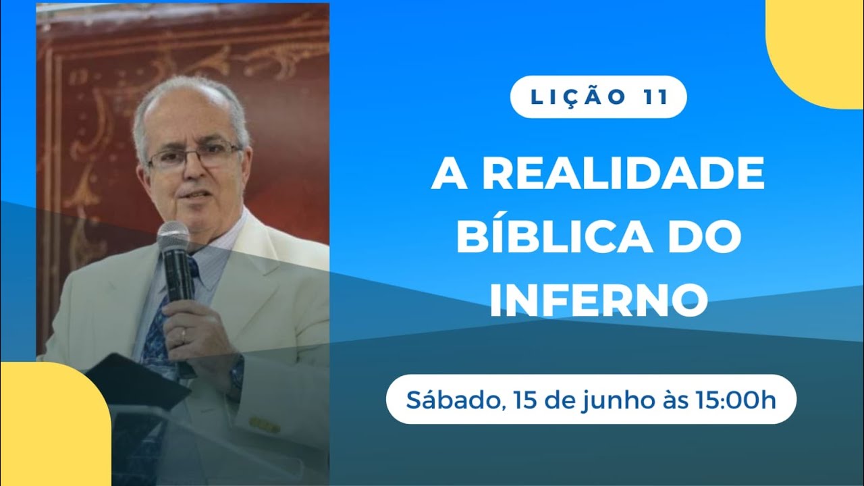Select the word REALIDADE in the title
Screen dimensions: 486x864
pos(624,175)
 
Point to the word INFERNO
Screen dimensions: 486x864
pos(598,301)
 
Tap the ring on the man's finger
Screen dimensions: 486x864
pos(183,333)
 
